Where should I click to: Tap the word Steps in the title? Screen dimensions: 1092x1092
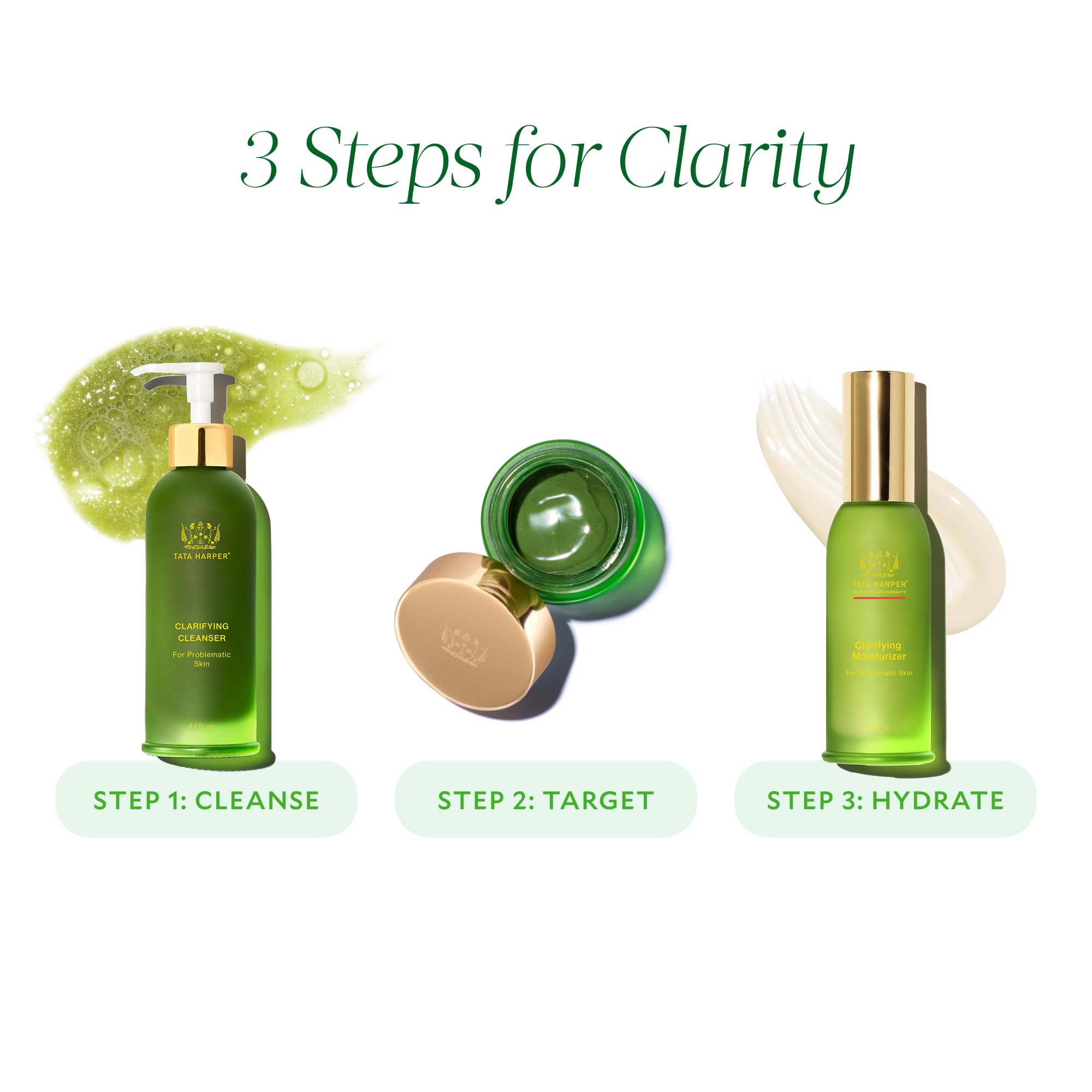(390, 161)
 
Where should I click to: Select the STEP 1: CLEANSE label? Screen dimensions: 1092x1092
(206, 800)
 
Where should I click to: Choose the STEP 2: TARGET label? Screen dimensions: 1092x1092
(545, 800)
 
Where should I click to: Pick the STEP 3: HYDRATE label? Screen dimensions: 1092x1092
(885, 800)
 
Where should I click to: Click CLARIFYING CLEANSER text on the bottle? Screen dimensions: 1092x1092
(202, 632)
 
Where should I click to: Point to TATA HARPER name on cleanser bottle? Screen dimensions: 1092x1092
(201, 556)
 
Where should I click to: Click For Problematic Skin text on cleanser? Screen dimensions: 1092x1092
(202, 659)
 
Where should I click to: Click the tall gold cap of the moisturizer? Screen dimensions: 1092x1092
(879, 435)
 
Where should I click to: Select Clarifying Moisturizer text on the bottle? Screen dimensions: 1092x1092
(879, 651)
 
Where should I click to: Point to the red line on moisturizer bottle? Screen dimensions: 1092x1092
(879, 598)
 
